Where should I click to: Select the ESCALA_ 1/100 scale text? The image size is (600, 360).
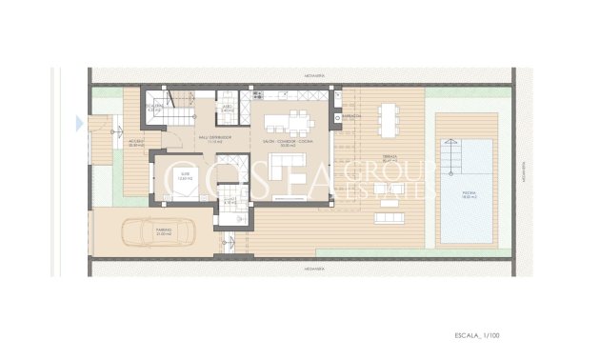476,336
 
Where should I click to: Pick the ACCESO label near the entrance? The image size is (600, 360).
137,143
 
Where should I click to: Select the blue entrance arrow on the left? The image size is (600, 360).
79,122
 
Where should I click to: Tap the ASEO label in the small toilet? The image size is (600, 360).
228,109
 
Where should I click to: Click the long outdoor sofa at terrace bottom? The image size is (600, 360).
396,216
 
